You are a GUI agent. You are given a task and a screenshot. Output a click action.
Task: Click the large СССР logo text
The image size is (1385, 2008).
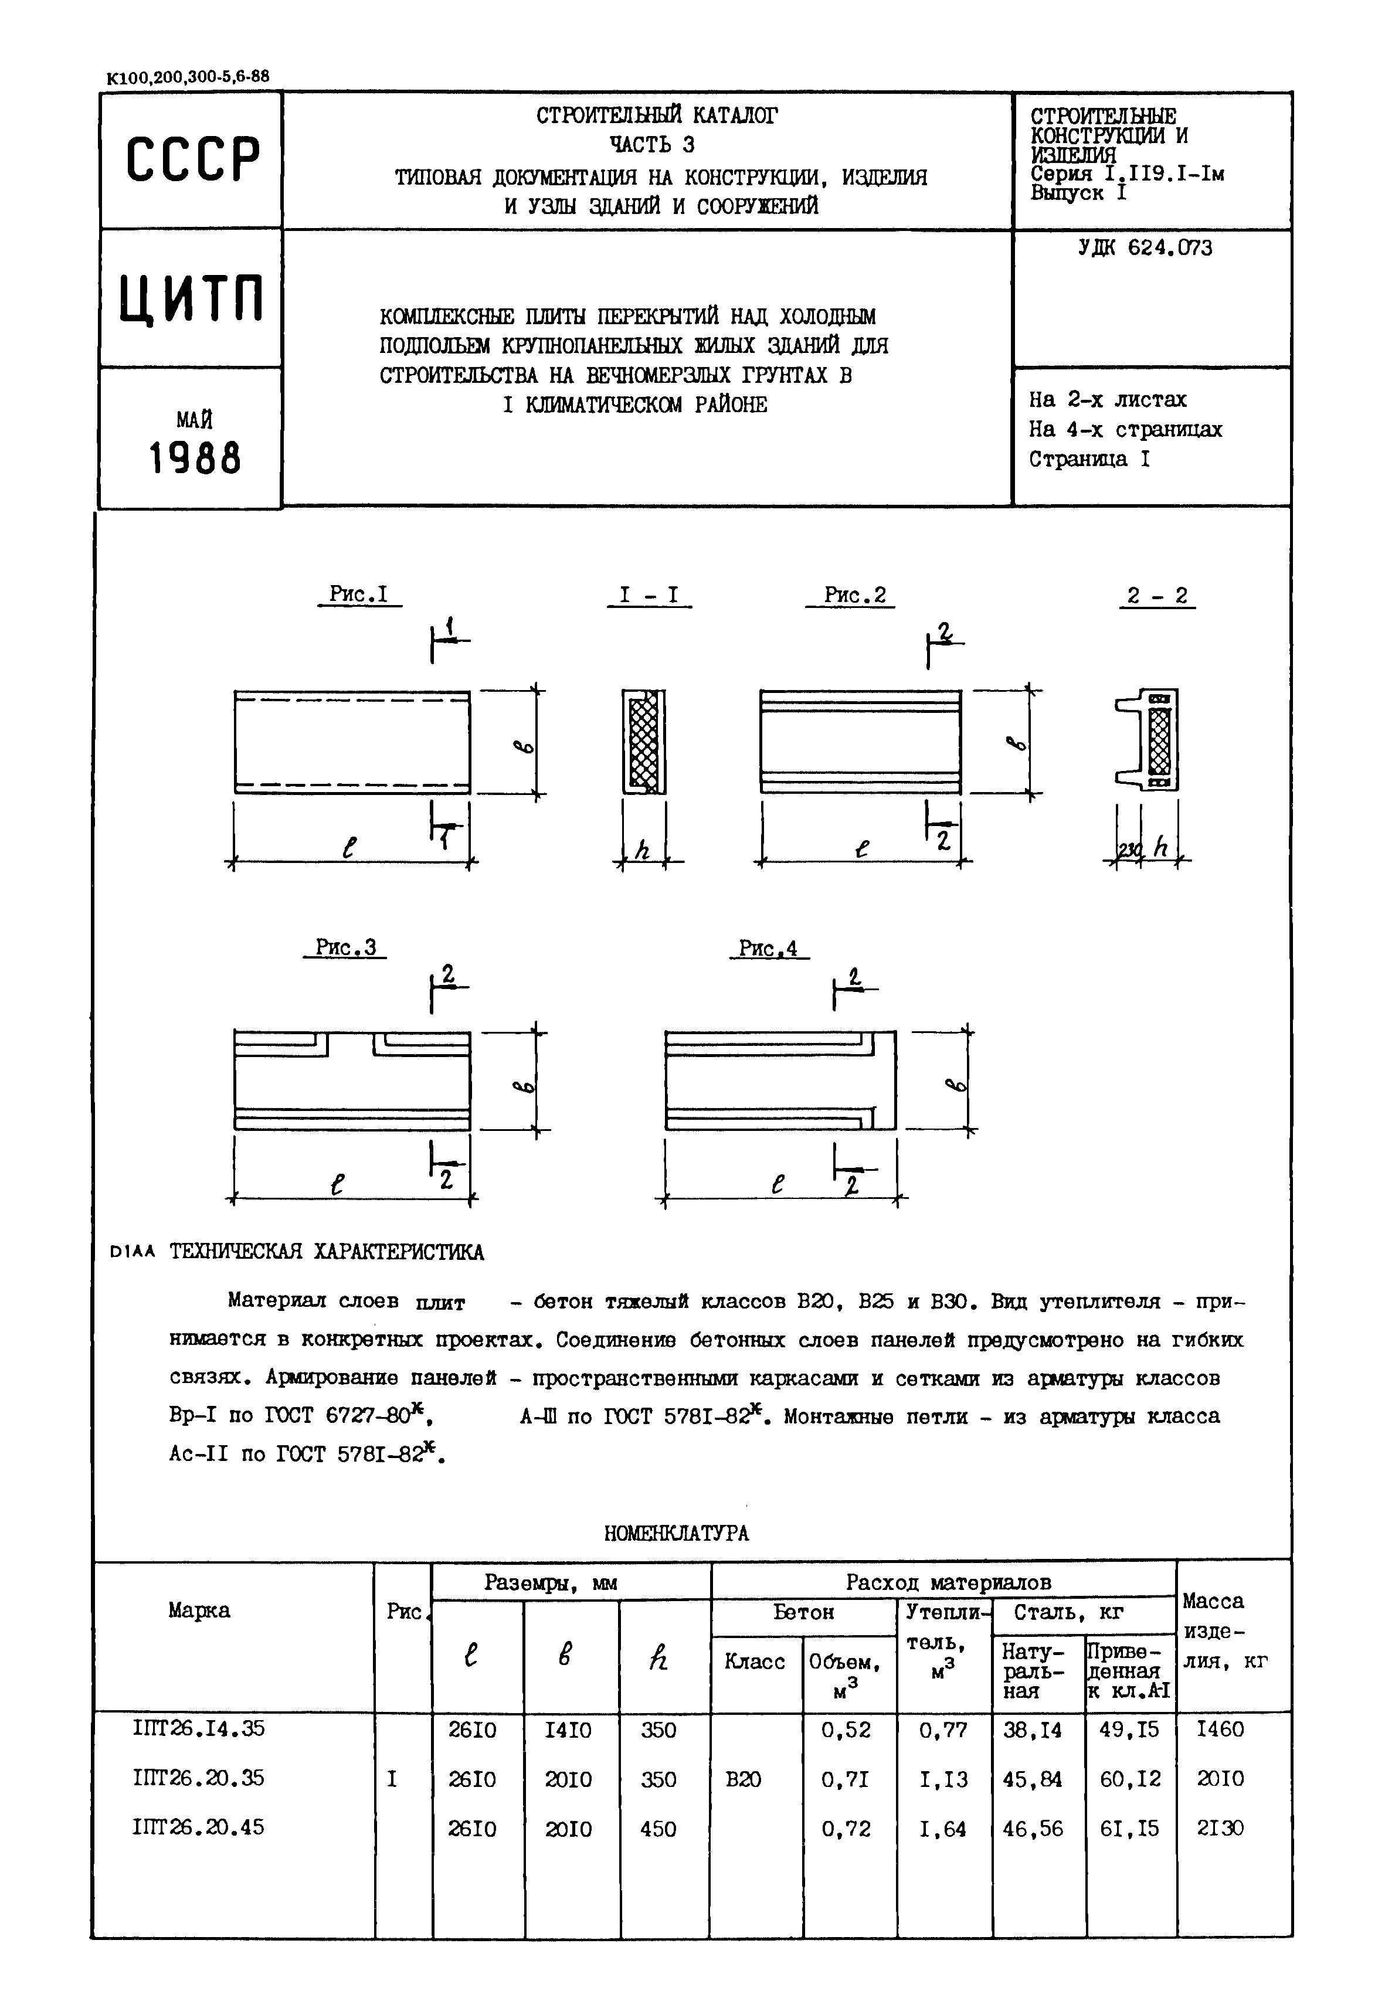click(x=193, y=159)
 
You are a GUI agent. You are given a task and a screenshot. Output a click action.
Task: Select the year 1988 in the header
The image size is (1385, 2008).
click(x=195, y=457)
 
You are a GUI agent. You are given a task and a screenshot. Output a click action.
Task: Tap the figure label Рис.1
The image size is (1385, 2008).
click(x=358, y=594)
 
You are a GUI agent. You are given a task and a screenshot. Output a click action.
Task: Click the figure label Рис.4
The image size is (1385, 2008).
click(x=768, y=949)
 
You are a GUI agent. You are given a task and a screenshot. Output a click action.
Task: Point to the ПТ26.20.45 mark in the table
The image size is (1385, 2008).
click(x=199, y=1827)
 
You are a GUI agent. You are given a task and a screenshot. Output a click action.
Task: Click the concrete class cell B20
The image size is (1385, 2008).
click(x=744, y=1779)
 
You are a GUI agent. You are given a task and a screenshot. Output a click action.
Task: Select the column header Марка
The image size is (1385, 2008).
click(x=199, y=1611)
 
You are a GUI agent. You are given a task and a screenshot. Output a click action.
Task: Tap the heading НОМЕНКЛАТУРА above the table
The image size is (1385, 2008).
click(x=676, y=1533)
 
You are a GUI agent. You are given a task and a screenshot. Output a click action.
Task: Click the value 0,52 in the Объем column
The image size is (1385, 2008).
click(x=846, y=1730)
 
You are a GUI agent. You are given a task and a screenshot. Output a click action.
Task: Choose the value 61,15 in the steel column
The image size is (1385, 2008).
click(x=1129, y=1827)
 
